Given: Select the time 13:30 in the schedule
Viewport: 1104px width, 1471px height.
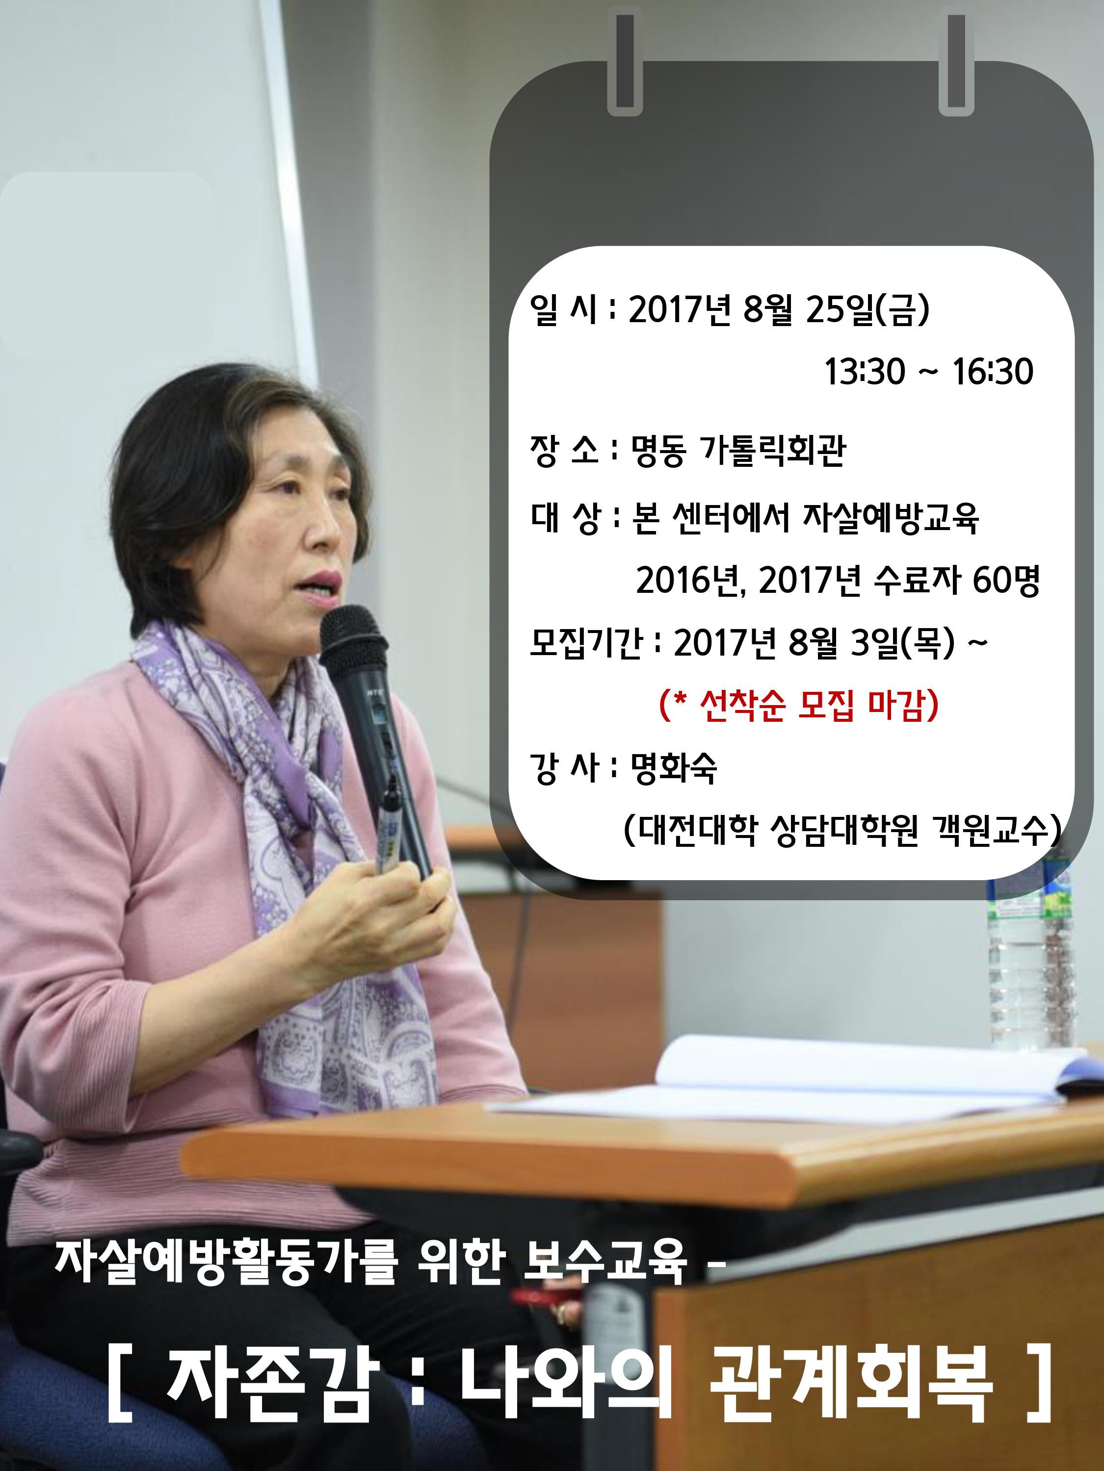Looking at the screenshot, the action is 865,371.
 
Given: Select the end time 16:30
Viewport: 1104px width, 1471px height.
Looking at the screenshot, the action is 994,371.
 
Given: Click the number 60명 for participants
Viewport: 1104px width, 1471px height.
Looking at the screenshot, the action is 1006,581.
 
